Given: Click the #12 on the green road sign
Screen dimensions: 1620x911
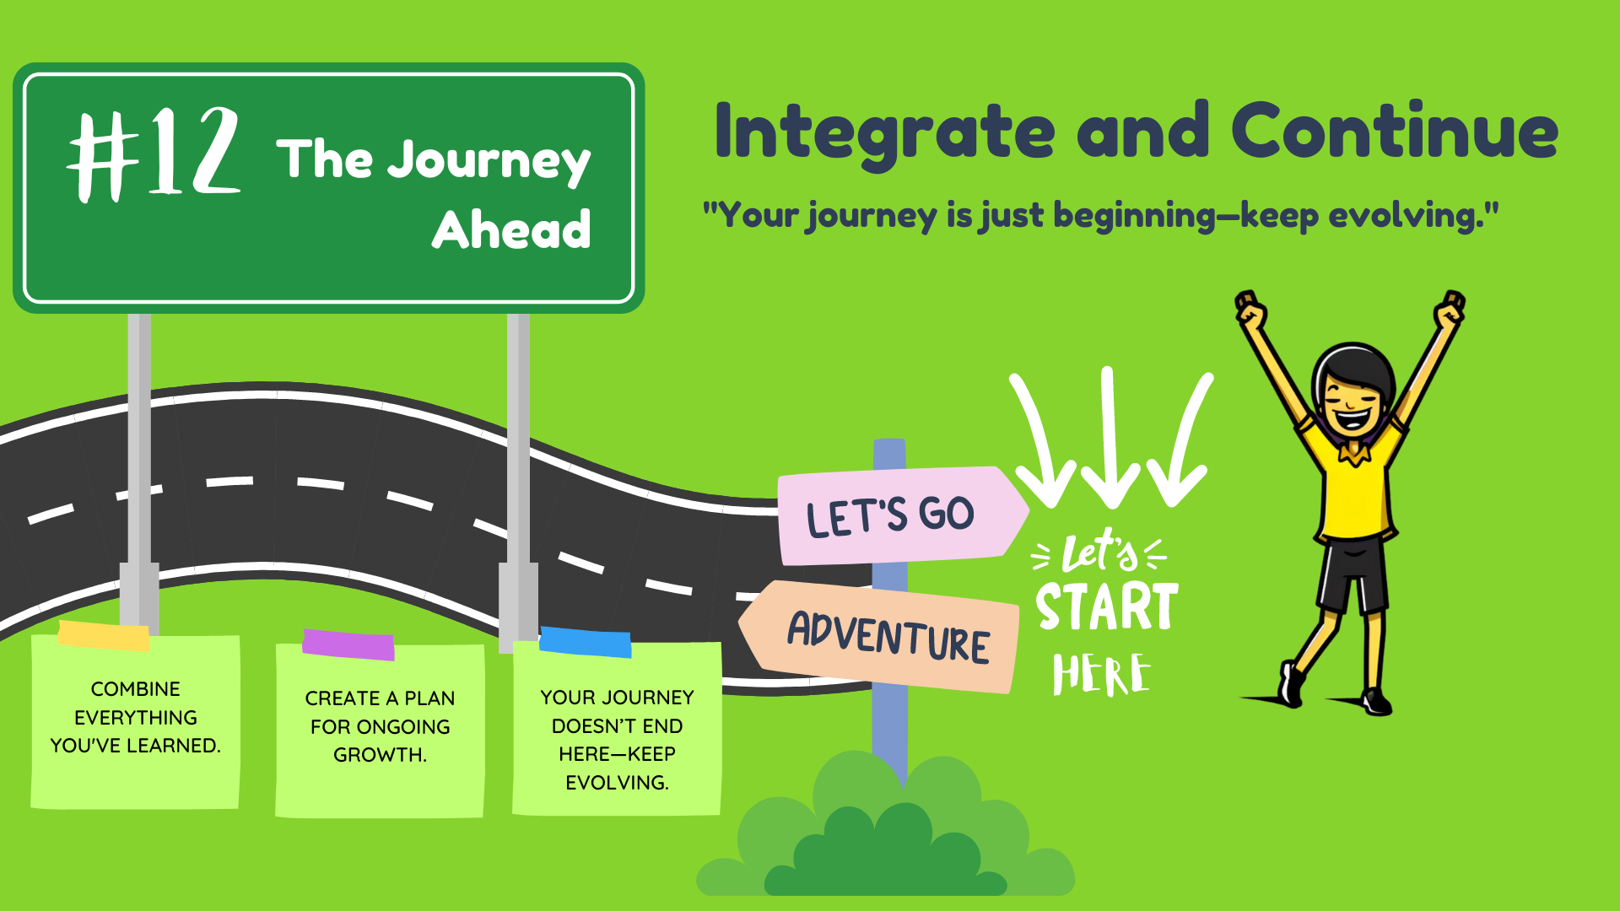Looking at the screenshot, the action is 154,154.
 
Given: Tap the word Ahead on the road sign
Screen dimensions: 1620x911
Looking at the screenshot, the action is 511,229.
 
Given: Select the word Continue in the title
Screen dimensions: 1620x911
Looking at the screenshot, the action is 1395,130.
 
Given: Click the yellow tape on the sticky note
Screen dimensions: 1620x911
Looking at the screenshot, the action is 104,636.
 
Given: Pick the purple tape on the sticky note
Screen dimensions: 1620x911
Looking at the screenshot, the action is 348,644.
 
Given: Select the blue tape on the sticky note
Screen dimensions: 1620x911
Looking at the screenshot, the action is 585,642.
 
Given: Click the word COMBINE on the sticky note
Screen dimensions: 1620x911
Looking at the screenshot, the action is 135,689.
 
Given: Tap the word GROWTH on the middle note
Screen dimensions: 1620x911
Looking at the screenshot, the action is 380,755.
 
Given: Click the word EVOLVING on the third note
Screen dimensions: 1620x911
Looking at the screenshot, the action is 617,783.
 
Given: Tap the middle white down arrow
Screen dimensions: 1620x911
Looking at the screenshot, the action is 1110,437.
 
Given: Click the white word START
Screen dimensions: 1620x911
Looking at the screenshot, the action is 1107,606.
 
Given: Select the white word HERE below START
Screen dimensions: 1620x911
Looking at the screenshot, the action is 1101,675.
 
